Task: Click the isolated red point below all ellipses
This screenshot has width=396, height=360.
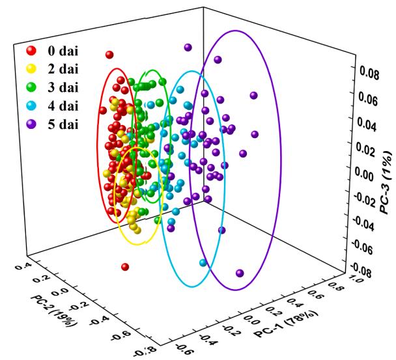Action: click(x=125, y=267)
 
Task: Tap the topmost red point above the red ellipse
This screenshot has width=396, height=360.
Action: click(x=109, y=55)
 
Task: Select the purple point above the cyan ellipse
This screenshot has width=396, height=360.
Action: click(x=188, y=48)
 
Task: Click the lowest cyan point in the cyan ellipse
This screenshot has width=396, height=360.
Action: click(x=203, y=263)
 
